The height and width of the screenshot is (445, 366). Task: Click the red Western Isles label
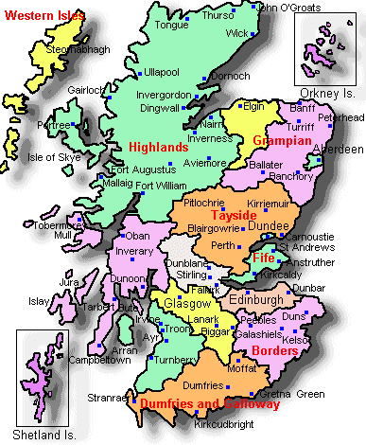coord(43,16)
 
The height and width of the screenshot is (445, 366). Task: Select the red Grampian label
coord(282,141)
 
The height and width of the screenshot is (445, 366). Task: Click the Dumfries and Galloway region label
coord(209,403)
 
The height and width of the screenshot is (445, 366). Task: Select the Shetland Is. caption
coord(38,435)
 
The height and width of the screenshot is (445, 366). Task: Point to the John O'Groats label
coord(288,8)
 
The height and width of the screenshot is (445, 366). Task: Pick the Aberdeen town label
coord(339,150)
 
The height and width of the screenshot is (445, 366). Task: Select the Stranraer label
coord(105,398)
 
